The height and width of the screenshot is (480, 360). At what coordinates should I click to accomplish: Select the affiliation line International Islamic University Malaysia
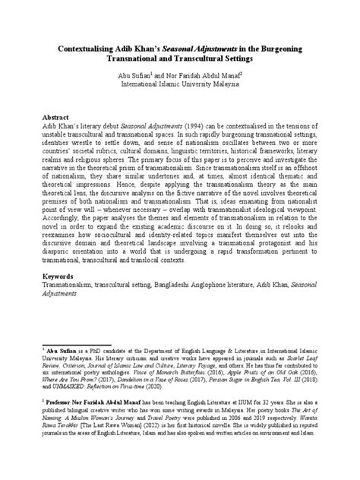(x=180, y=86)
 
